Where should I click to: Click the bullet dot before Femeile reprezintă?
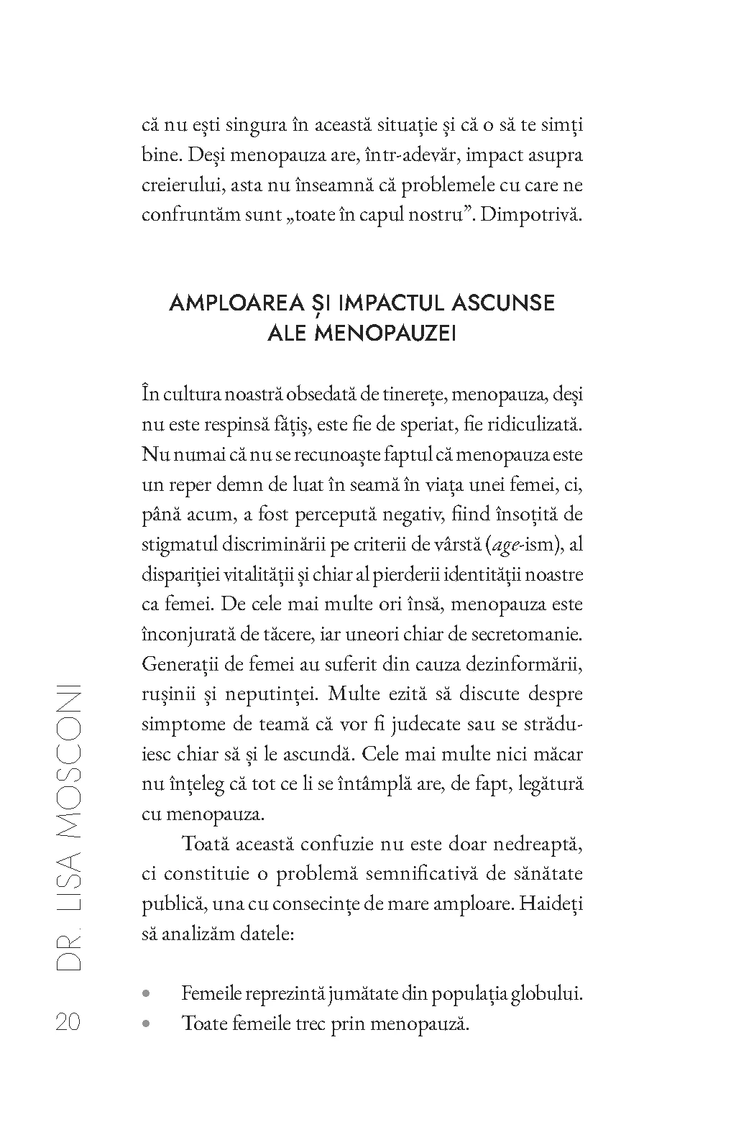click(147, 994)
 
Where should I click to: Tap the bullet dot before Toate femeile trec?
click(147, 1023)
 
